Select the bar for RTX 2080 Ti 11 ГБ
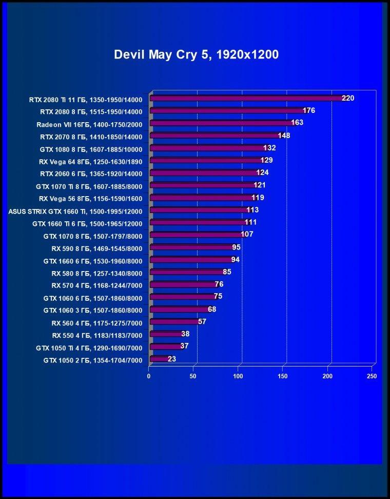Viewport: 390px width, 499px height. [248, 98]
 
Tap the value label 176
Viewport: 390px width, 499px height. [309, 110]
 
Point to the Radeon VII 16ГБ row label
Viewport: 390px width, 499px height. [89, 124]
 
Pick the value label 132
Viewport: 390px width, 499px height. [269, 148]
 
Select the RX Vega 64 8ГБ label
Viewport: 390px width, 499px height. [91, 162]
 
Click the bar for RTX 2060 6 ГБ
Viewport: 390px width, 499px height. [205, 172]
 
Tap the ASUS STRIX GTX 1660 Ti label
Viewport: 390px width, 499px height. [75, 211]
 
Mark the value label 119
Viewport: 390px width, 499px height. [258, 198]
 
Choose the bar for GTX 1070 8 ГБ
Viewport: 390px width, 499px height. [198, 235]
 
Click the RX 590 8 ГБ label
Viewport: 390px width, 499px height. [97, 248]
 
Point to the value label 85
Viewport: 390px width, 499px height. [227, 272]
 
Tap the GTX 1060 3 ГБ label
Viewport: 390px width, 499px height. [93, 310]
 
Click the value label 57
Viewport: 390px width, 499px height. [202, 321]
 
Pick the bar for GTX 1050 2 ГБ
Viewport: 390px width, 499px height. [160, 359]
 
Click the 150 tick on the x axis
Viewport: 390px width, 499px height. [283, 376]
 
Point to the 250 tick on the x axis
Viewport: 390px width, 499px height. [372, 376]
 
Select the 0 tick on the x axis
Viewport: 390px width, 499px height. [148, 376]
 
